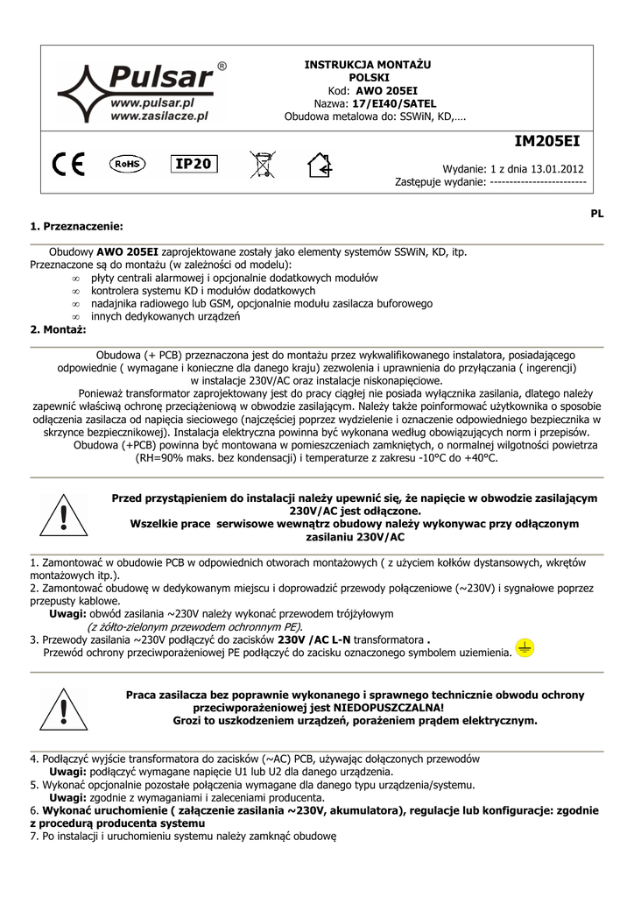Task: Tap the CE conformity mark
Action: pyautogui.click(x=69, y=164)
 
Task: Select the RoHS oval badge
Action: pyautogui.click(x=128, y=163)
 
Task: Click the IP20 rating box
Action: pyautogui.click(x=192, y=164)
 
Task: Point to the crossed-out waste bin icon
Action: pyautogui.click(x=261, y=164)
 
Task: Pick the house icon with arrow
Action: pyautogui.click(x=320, y=164)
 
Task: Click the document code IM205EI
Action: pyautogui.click(x=546, y=140)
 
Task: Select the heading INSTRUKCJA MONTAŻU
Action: pyautogui.click(x=368, y=65)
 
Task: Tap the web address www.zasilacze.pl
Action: pyautogui.click(x=159, y=115)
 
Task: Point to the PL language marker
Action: pyautogui.click(x=597, y=213)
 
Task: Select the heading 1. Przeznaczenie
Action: pyautogui.click(x=77, y=226)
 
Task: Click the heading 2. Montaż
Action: pyautogui.click(x=58, y=329)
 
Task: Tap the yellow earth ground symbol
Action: pyautogui.click(x=524, y=648)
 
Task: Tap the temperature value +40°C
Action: pyautogui.click(x=480, y=457)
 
